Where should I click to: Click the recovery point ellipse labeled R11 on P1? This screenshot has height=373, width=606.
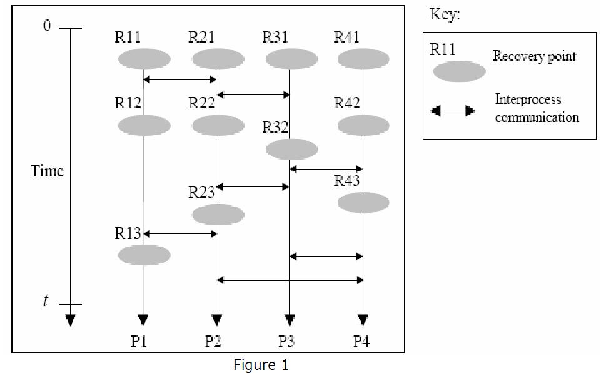pos(144,60)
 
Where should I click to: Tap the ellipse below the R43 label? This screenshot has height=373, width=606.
pos(363,203)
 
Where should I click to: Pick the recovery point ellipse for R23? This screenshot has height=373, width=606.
pos(218,215)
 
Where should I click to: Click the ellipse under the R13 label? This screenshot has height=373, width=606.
pos(144,255)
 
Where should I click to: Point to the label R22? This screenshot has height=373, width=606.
pos(201,103)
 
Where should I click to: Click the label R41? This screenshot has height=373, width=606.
pos(347,37)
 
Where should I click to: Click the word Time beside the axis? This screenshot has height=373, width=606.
pos(48,171)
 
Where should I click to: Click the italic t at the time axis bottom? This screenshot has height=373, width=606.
pos(45,302)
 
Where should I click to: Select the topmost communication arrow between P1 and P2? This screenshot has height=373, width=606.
pos(180,79)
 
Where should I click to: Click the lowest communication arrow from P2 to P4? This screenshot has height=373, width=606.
pos(290,280)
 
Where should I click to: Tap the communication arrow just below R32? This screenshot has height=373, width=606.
pos(326,168)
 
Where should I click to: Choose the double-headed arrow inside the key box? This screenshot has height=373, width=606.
pos(452,111)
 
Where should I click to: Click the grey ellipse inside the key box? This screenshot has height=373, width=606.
pos(459,71)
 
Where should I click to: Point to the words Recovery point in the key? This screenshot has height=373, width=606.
pos(534,56)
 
